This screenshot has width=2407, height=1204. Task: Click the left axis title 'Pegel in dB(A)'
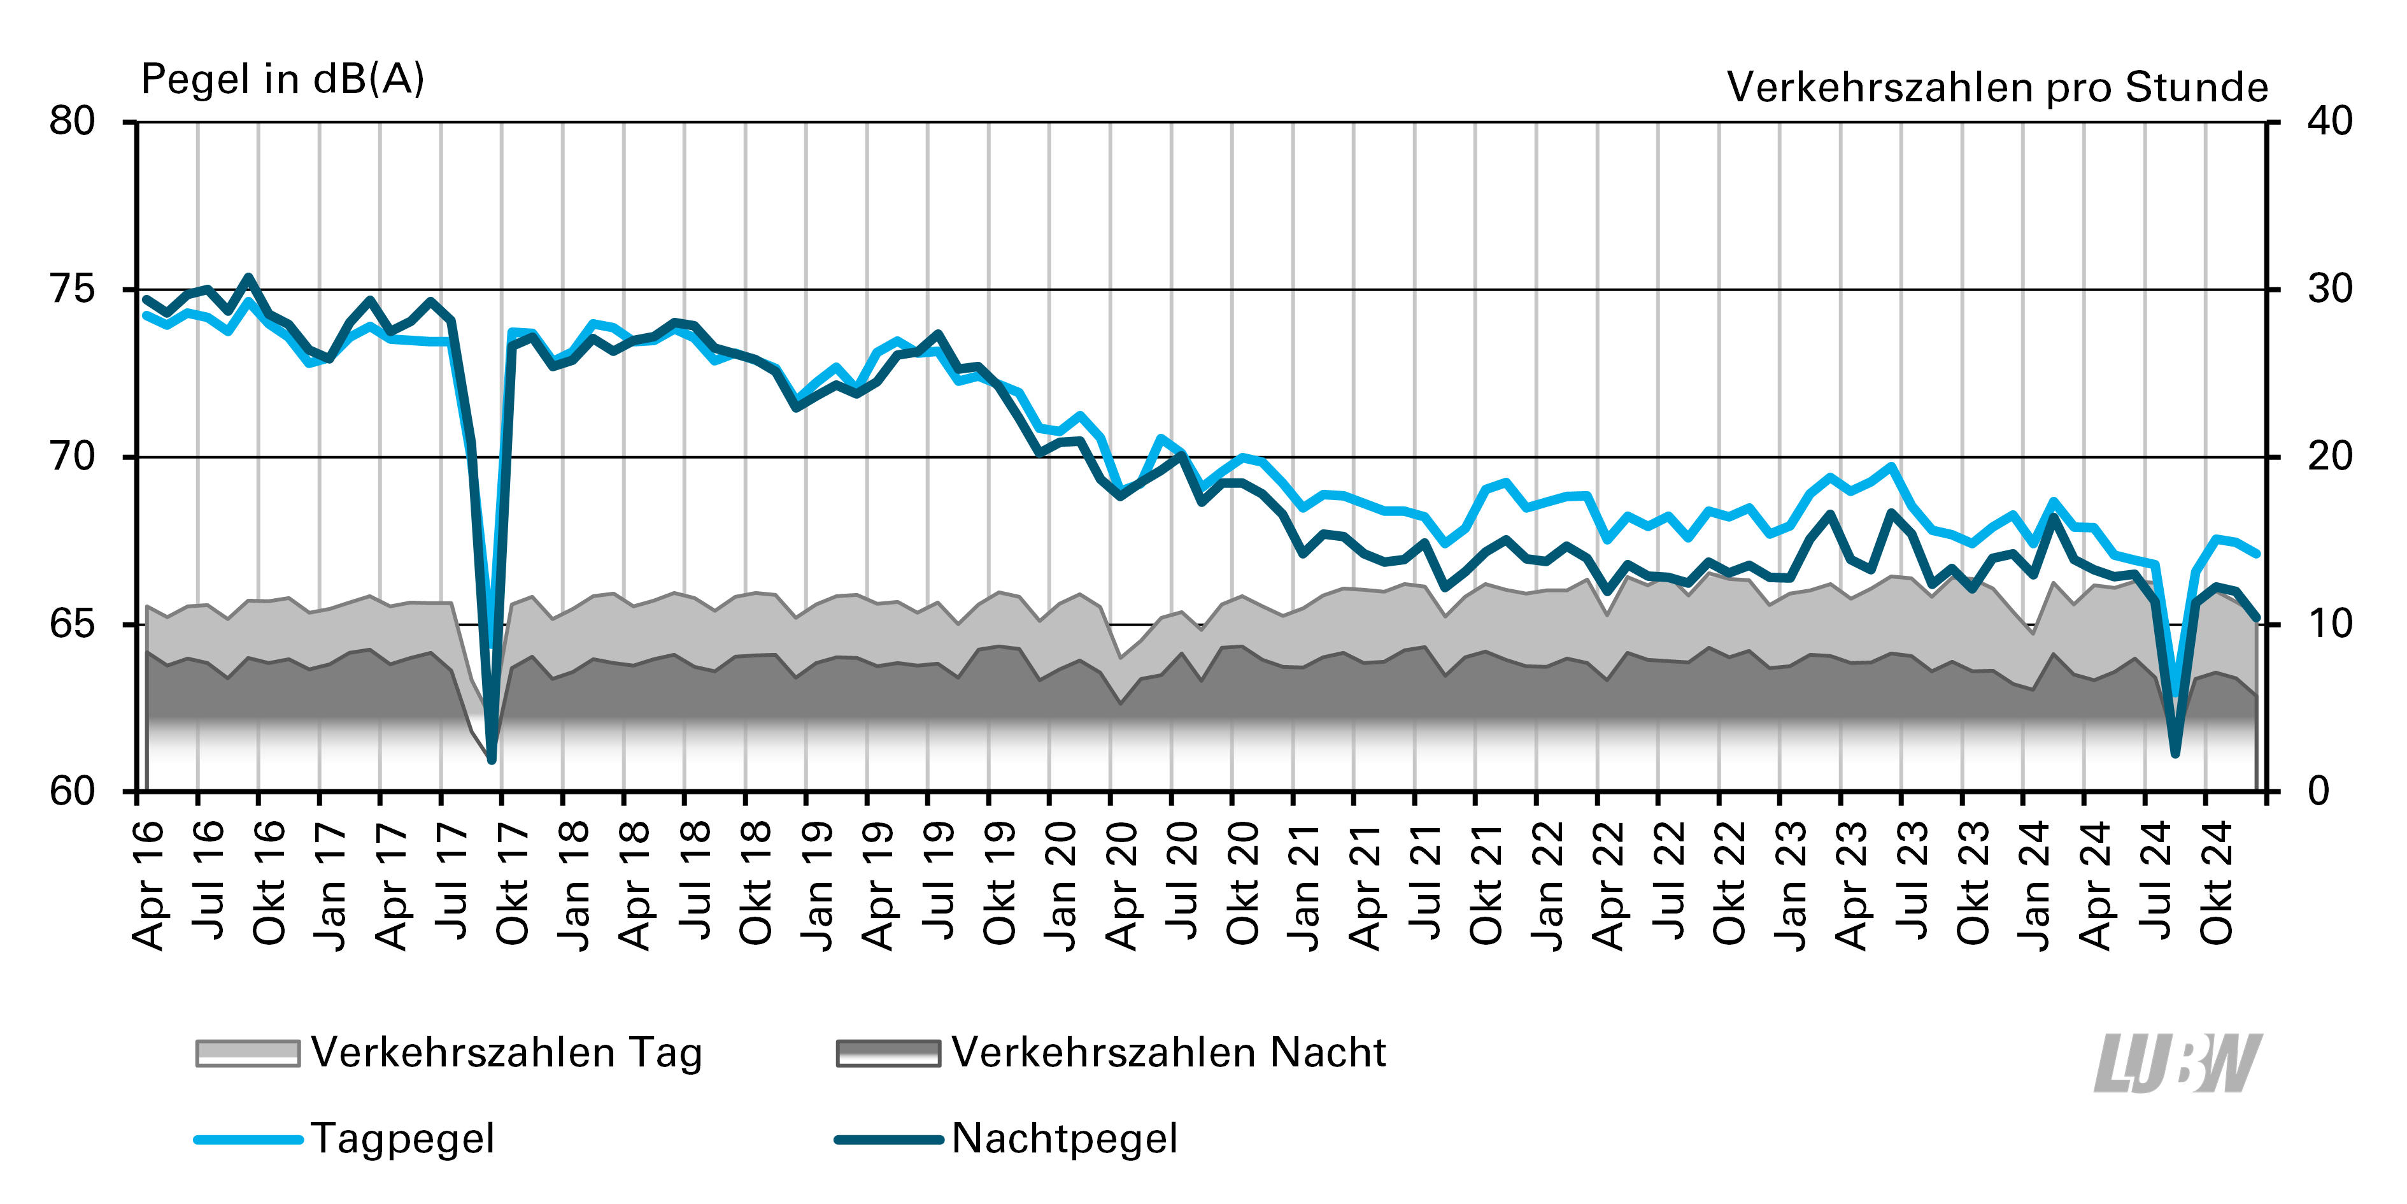click(282, 80)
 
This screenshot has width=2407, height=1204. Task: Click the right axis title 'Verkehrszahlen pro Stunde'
click(1997, 87)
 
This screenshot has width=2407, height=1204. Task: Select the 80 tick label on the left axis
click(73, 122)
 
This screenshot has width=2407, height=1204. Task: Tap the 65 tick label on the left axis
click(73, 624)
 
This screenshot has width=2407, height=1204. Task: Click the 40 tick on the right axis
click(2329, 122)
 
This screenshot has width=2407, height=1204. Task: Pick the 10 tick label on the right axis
click(2329, 624)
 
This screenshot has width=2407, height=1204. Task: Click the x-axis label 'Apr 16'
click(150, 885)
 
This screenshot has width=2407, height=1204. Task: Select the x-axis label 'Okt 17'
click(513, 885)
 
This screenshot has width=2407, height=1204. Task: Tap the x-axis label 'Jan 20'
click(1061, 885)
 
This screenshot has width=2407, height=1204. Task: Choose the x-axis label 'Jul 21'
click(1427, 885)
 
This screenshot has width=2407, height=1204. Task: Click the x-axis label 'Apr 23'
click(1853, 885)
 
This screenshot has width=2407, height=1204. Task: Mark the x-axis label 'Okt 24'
click(2217, 885)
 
